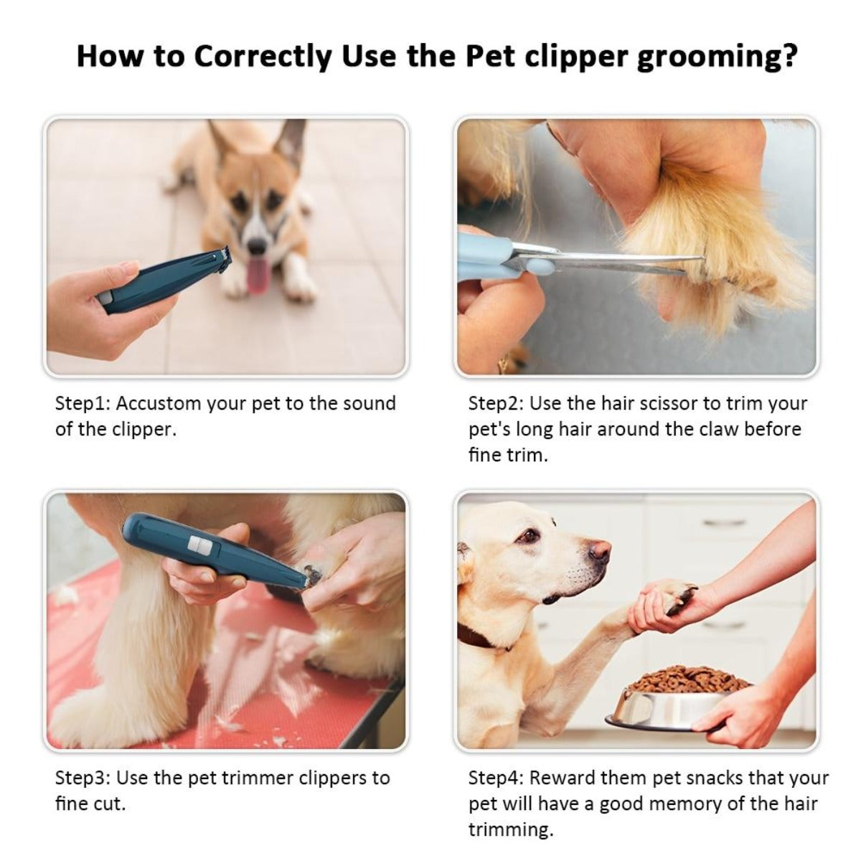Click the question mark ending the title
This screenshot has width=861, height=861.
point(789,56)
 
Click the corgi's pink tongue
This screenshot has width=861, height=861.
point(257,276)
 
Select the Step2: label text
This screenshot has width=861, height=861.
point(496,403)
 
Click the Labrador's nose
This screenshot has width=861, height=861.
point(600,551)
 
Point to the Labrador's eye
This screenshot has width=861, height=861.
point(529,535)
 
